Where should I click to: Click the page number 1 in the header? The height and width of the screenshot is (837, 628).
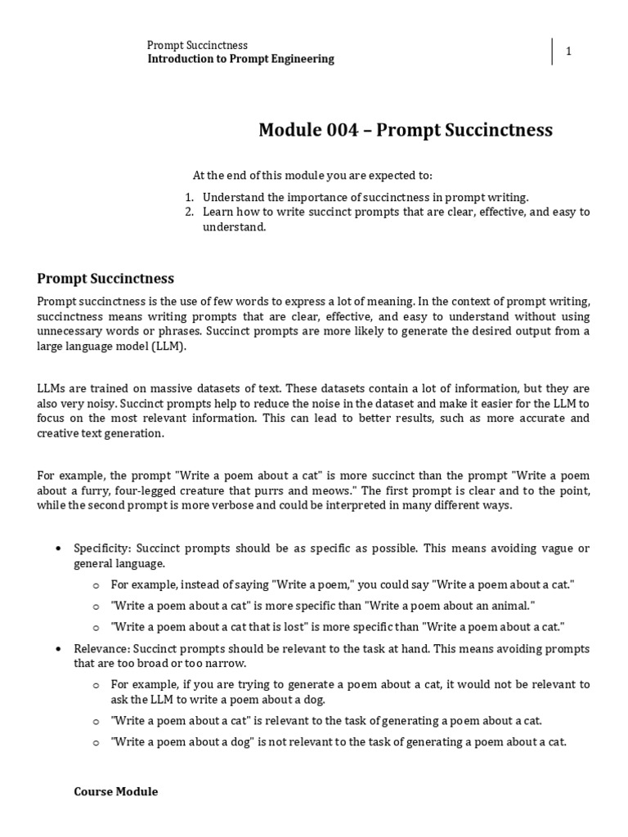(568, 51)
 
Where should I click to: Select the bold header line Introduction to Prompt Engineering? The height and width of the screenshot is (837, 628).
(240, 59)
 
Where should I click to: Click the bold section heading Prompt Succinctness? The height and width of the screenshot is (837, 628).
(105, 279)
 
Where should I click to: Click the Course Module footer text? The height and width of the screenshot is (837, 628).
(115, 792)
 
